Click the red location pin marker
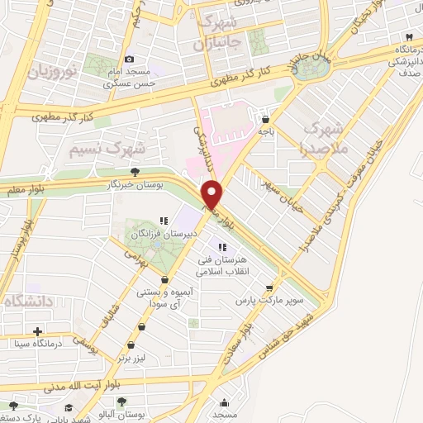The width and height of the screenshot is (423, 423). click(213, 195)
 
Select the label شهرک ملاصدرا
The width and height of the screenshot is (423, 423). click(323, 138)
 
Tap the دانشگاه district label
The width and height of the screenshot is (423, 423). click(25, 303)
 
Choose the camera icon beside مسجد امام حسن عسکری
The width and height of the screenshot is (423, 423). click(130, 59)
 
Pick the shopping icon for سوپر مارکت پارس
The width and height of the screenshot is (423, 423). click(269, 288)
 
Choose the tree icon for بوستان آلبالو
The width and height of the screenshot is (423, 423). click(122, 402)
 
